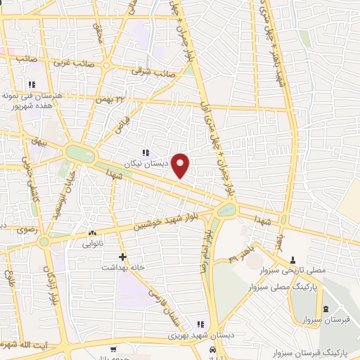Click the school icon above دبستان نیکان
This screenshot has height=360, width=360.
146,153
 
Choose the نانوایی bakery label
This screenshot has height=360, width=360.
93,243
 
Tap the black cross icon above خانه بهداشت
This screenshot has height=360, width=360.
123,257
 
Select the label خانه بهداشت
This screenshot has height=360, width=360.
123,267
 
